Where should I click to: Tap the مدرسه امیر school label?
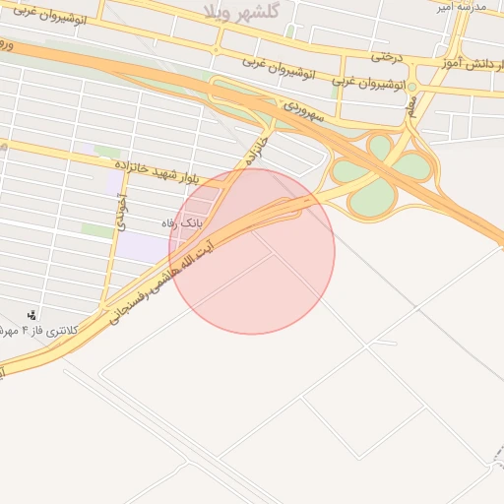(462, 7)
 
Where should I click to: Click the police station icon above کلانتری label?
(33, 315)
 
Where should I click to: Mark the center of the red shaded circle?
(252, 251)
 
